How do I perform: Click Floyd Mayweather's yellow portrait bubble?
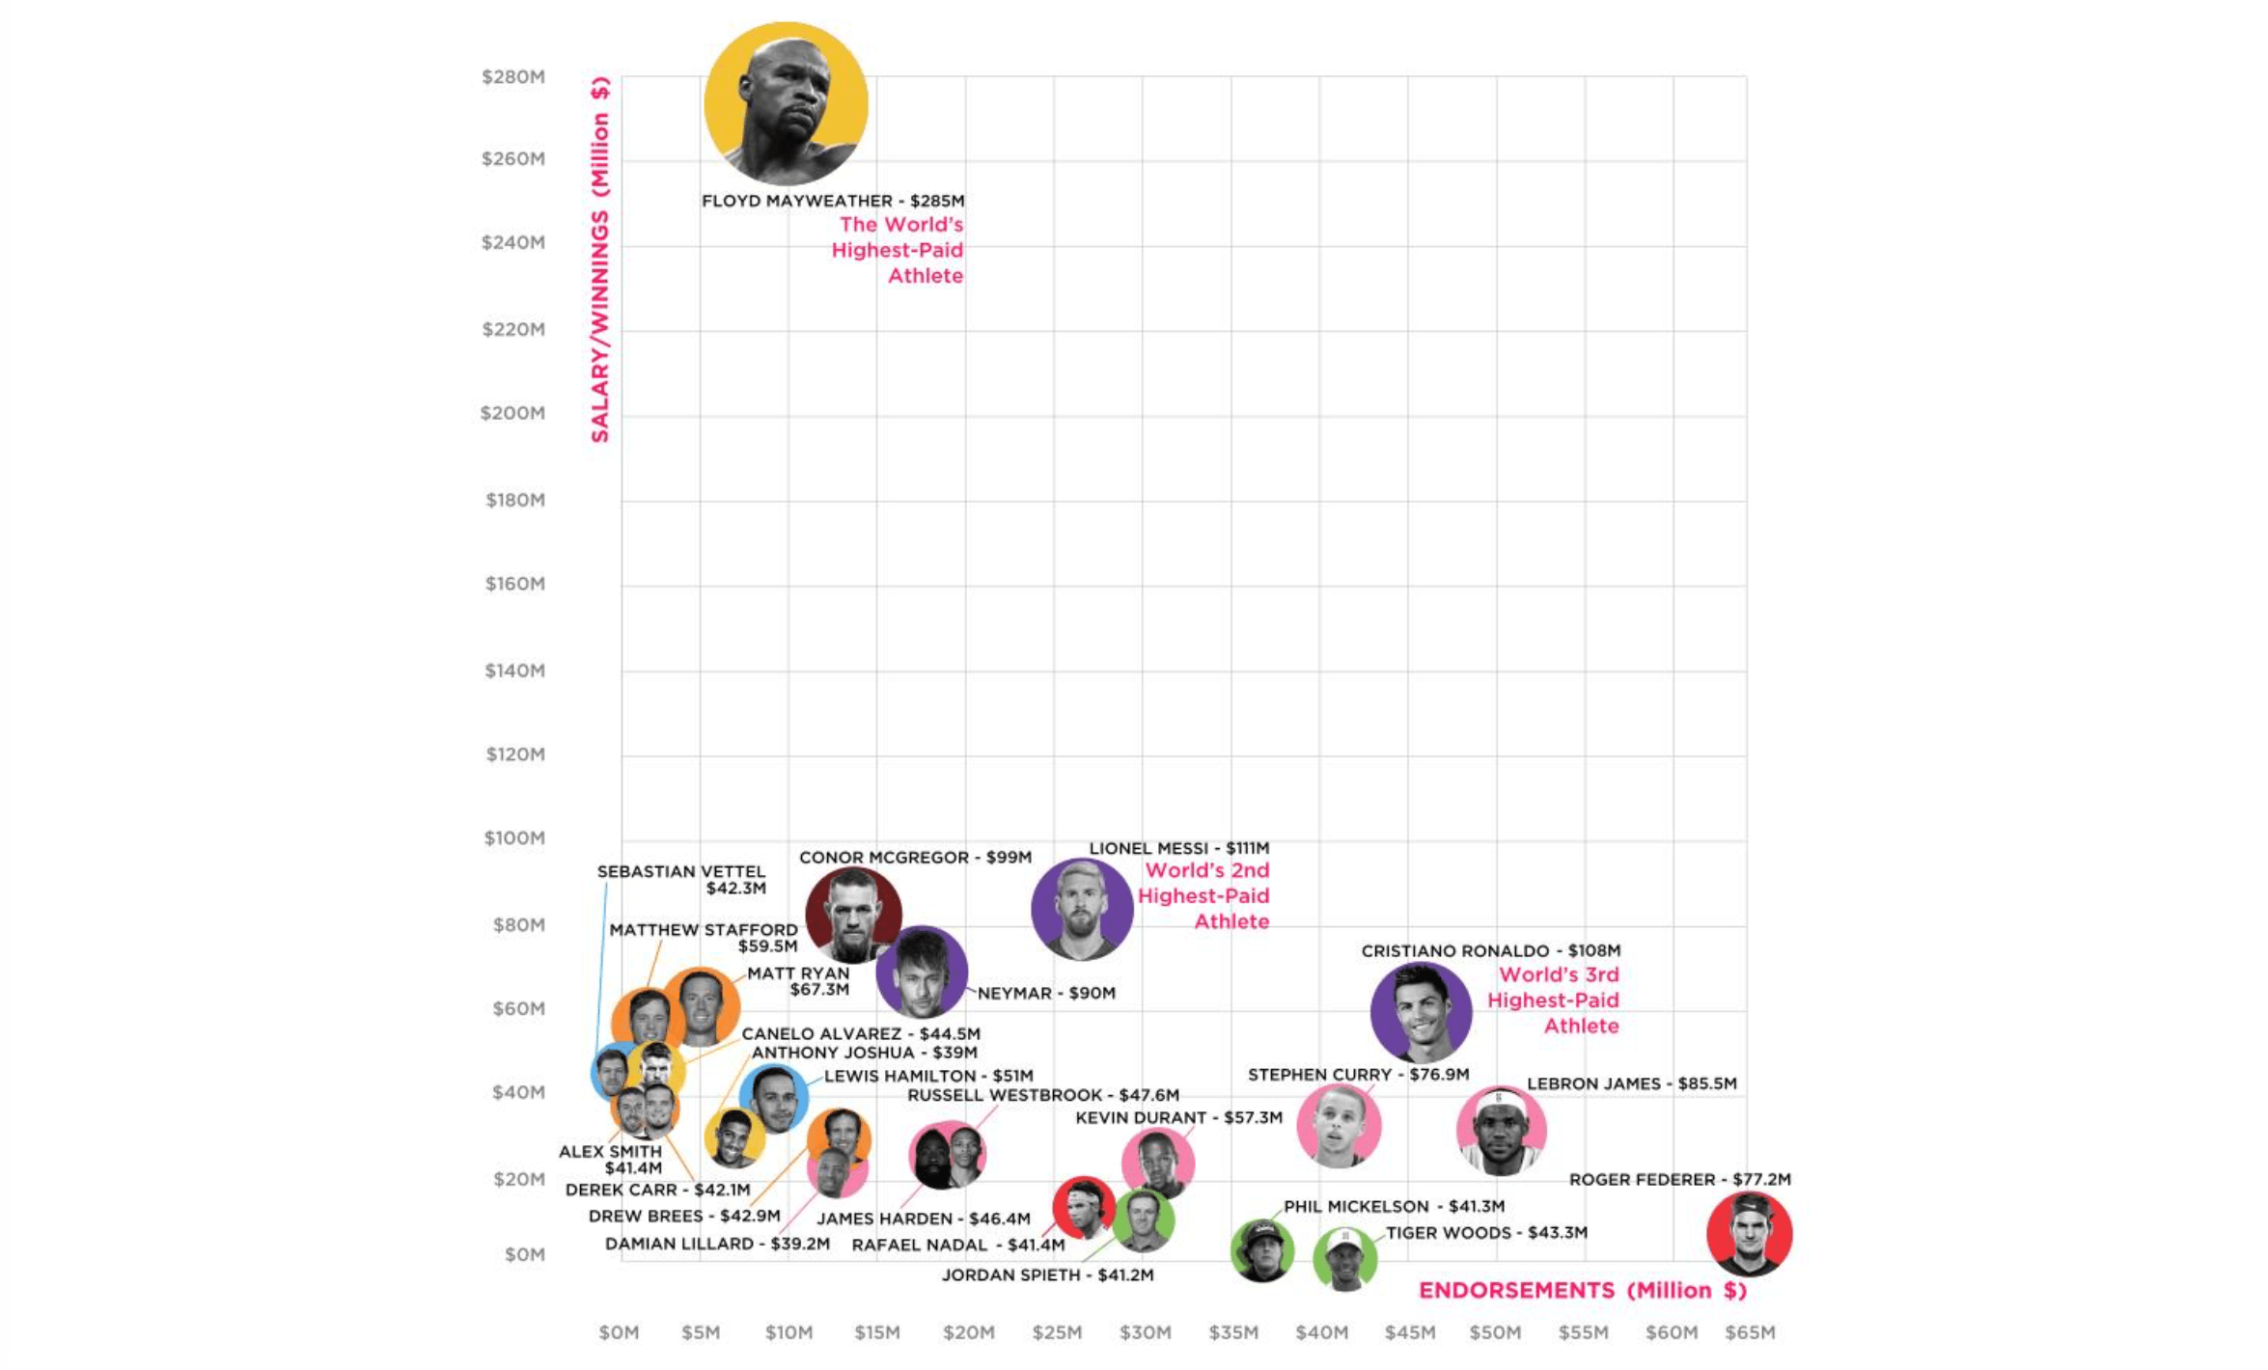click(x=786, y=104)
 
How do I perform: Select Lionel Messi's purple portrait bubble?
click(x=1081, y=909)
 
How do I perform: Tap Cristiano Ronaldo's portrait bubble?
click(x=1421, y=1012)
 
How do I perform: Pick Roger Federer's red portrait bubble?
click(x=1749, y=1234)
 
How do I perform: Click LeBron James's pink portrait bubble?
click(x=1501, y=1130)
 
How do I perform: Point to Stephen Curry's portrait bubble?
click(x=1339, y=1125)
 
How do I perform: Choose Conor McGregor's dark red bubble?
click(x=853, y=913)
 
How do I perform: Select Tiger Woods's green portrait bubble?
click(x=1344, y=1258)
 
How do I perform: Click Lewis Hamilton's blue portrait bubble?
click(x=774, y=1098)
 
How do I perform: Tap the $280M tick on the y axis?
click(x=513, y=77)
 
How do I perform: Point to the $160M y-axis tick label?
click(x=515, y=584)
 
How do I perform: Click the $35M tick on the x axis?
click(x=1233, y=1332)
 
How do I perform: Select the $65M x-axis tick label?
click(x=1750, y=1332)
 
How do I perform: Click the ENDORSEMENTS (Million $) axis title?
click(x=1583, y=1291)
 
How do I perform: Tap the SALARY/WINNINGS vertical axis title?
click(x=600, y=260)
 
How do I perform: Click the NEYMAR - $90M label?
click(x=1046, y=993)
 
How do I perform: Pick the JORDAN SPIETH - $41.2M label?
click(x=1047, y=1274)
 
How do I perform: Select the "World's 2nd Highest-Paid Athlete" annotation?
click(x=1203, y=895)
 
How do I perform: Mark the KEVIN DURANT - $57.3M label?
click(x=1178, y=1117)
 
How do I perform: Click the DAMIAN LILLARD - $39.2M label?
click(x=717, y=1244)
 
